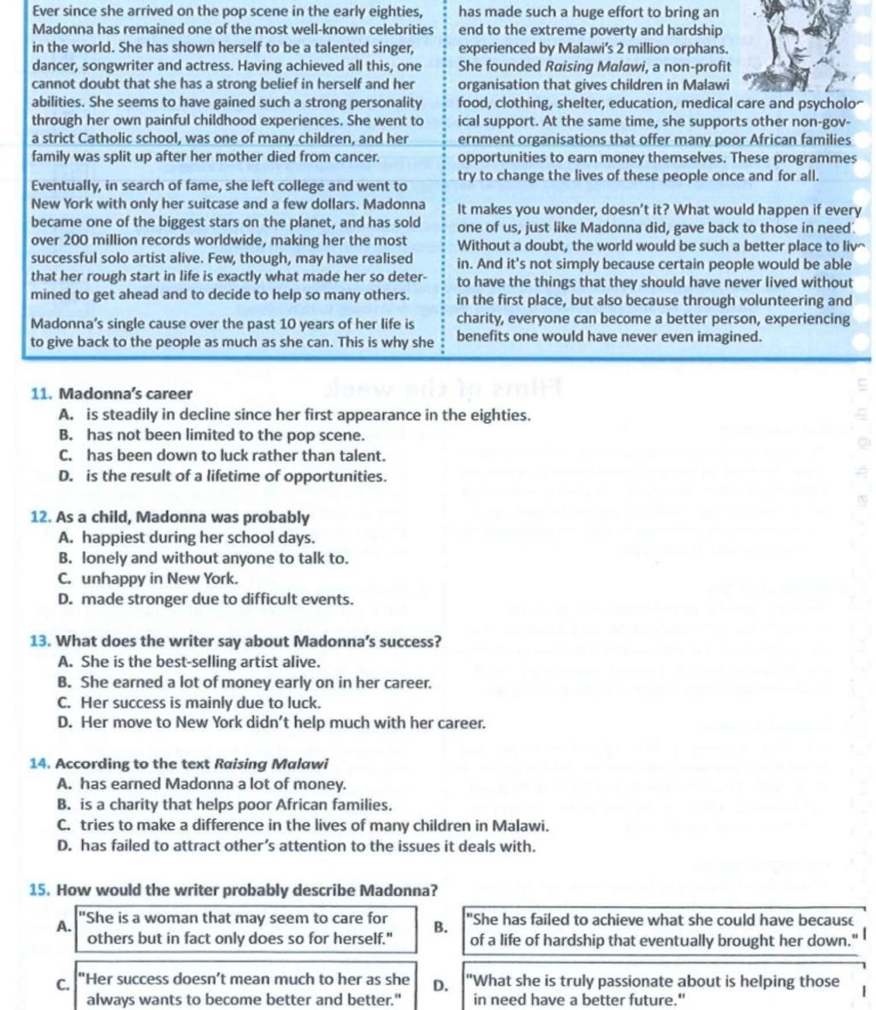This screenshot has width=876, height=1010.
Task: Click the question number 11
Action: coord(41,394)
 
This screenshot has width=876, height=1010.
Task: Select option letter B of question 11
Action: coord(66,435)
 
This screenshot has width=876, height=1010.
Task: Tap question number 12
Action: coord(40,517)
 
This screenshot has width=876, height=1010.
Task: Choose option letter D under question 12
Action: coord(65,600)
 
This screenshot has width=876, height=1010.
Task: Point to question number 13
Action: coord(40,641)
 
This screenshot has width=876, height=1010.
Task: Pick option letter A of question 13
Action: coord(65,662)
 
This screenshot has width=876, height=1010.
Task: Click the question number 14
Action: coord(40,764)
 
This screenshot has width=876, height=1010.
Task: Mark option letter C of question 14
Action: coord(64,826)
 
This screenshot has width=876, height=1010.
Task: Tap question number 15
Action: coord(40,890)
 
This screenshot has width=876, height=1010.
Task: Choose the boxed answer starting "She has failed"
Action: coord(663,930)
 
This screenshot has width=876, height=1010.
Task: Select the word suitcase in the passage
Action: coord(232,204)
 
